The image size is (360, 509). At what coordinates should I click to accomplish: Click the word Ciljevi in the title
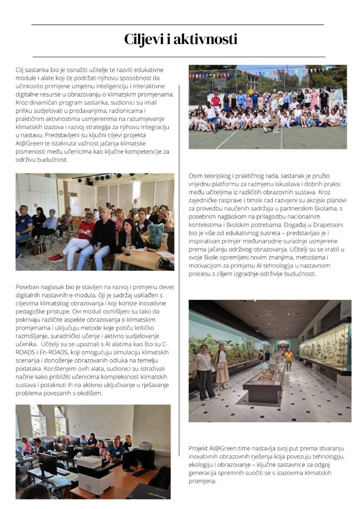pos(144,40)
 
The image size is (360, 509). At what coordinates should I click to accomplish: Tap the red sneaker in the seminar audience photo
pos(56,257)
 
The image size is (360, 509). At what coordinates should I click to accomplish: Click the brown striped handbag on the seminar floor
pos(39,248)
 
